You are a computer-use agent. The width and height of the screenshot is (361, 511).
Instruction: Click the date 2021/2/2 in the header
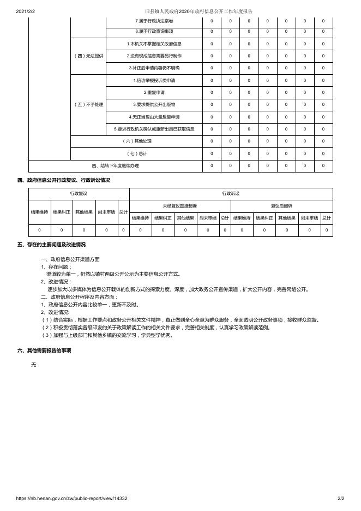26,11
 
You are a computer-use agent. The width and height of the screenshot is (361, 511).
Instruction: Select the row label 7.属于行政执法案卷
154,21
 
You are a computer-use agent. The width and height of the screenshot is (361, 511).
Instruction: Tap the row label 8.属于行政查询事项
154,31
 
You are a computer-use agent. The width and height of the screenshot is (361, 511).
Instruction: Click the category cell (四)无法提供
88,56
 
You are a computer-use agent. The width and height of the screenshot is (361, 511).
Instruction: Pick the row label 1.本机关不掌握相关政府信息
154,44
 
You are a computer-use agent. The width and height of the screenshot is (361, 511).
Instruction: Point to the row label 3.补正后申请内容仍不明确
154,68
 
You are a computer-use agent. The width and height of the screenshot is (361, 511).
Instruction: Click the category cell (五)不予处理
88,104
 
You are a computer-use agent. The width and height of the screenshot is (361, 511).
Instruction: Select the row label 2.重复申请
154,92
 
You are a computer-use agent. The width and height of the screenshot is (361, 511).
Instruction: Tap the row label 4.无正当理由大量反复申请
154,117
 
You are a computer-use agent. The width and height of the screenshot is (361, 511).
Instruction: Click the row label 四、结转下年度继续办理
115,165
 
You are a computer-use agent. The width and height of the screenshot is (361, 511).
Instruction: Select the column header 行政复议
79,194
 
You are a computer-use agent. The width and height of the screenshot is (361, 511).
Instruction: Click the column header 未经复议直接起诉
180,206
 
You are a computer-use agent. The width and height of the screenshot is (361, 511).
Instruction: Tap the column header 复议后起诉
281,206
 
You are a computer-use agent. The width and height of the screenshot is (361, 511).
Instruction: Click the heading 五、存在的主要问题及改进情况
51,245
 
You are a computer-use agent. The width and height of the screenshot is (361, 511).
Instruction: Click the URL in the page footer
72,498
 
